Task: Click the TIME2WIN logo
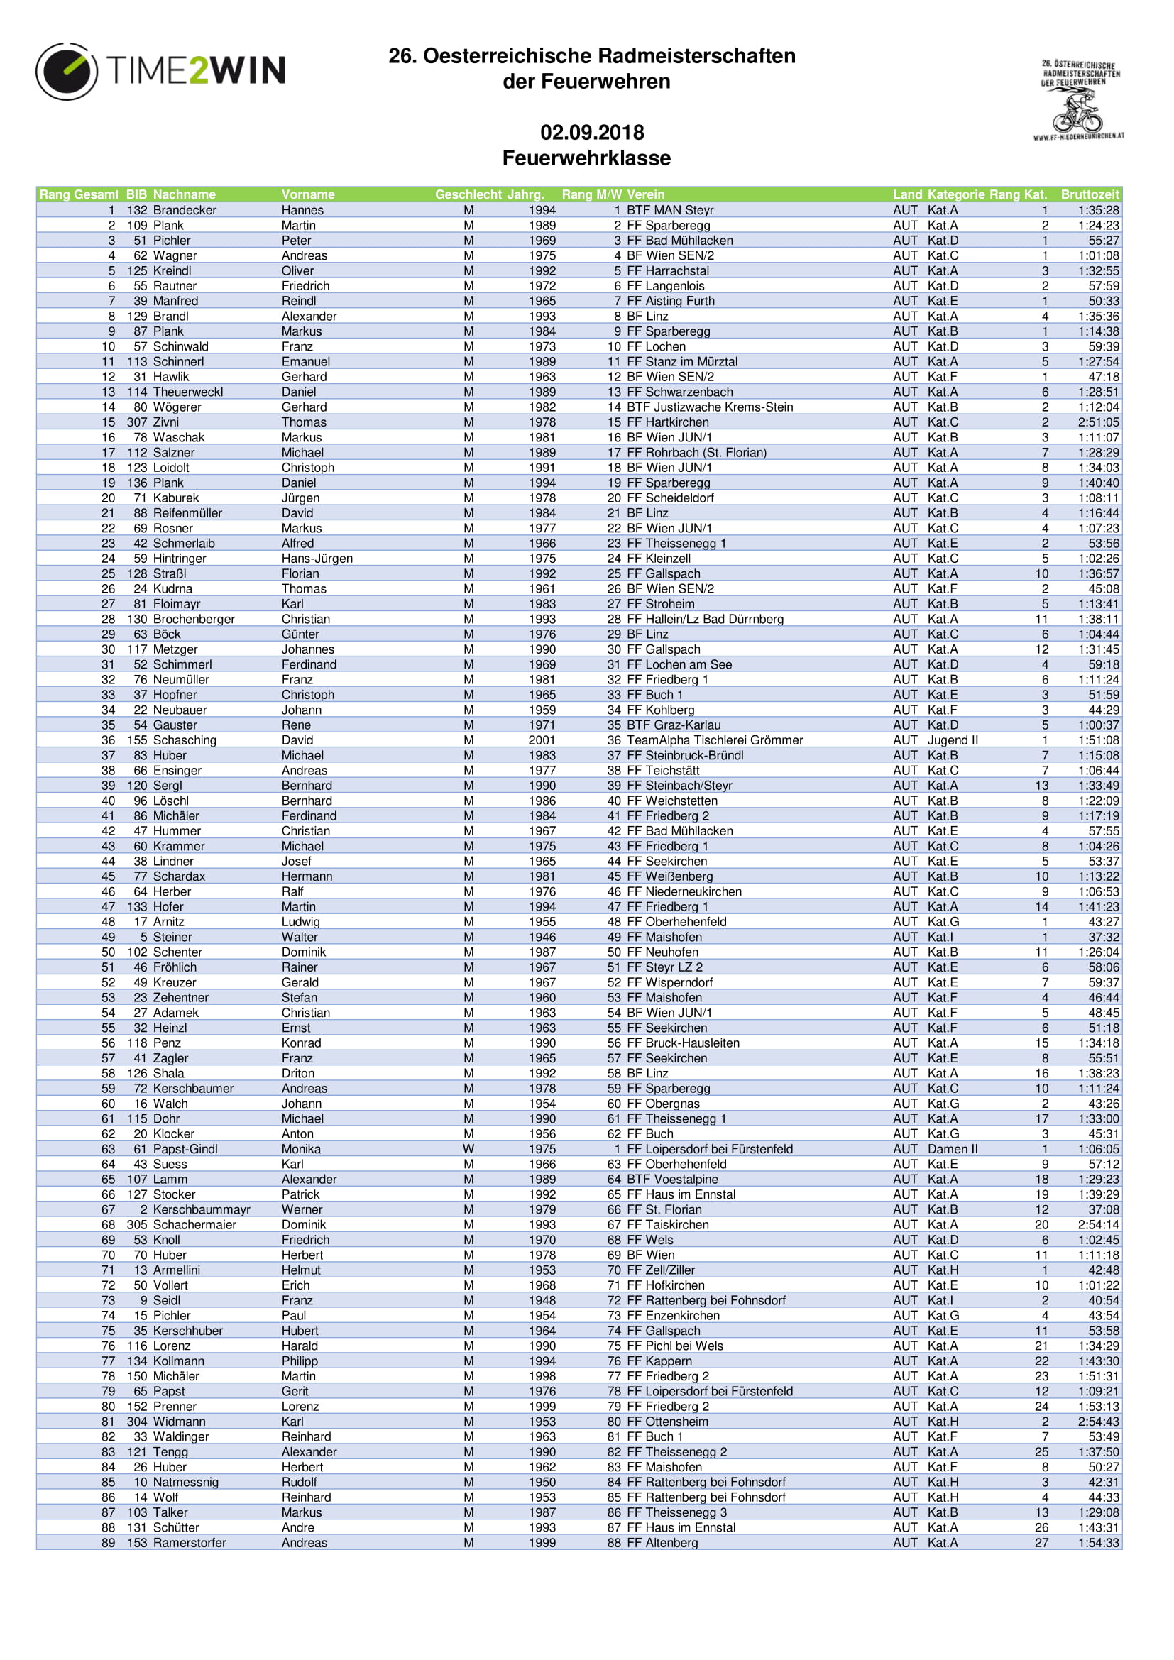click(160, 71)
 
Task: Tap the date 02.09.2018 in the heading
click(591, 132)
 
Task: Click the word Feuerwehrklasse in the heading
click(586, 158)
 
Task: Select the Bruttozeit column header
click(1089, 194)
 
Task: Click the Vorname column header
click(308, 194)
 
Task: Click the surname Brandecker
click(185, 210)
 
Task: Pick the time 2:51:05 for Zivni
click(1098, 422)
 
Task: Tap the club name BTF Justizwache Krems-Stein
click(709, 407)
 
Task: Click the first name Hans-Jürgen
click(317, 559)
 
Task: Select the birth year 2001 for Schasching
click(542, 740)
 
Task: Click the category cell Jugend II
click(952, 740)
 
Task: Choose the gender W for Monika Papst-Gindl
click(468, 1150)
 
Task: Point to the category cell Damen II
click(952, 1150)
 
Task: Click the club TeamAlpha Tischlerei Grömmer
click(714, 740)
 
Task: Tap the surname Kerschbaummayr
click(202, 1209)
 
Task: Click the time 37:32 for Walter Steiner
click(1103, 937)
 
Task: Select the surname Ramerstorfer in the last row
click(190, 1543)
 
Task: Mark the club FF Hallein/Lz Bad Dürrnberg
click(705, 620)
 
